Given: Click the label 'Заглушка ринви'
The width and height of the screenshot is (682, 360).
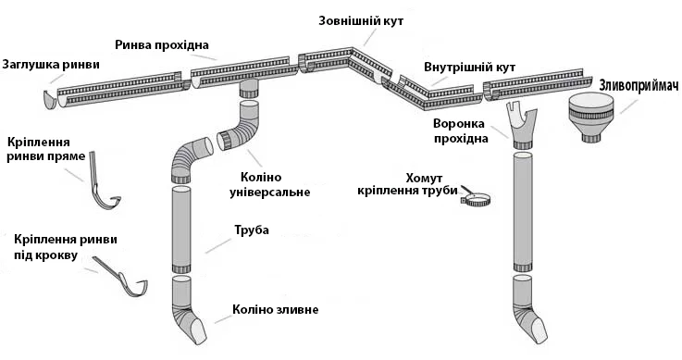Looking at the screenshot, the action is [51, 65].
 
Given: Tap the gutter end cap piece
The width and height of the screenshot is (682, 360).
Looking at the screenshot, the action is [51, 101].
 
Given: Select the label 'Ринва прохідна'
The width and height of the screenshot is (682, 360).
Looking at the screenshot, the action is [162, 44].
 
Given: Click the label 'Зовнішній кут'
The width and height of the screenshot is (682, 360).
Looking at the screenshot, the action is [361, 21].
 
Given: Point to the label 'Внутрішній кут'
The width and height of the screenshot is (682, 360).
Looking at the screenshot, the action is [470, 68].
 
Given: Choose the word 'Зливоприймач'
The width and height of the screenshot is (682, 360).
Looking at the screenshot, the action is [639, 86].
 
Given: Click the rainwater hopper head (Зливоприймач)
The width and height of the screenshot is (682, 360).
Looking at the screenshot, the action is [591, 118].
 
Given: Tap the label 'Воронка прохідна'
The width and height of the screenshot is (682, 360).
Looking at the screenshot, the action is [460, 131].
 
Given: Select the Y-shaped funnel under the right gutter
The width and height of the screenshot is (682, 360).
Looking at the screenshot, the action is [522, 125].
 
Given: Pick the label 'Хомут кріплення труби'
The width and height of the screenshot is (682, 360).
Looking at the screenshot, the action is [408, 184].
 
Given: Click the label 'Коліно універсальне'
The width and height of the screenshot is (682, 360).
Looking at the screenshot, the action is [269, 184].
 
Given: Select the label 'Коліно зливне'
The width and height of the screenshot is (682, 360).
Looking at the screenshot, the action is [276, 310].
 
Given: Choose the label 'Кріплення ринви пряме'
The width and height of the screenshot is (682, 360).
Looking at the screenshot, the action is [45, 149].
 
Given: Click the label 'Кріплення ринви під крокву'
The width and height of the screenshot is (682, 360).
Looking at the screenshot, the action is [66, 246].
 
